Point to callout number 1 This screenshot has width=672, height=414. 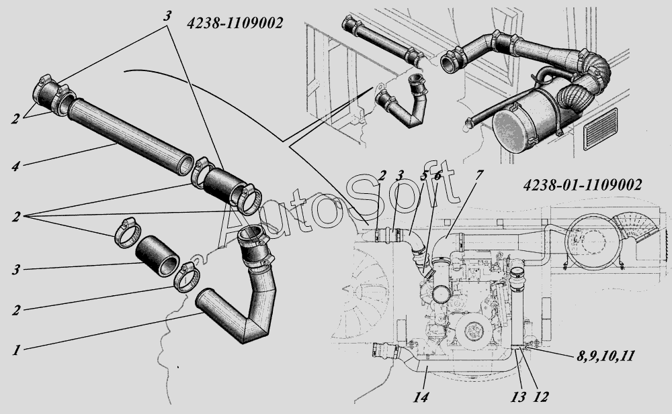tap(14, 349)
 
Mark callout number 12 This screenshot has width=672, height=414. tap(542, 397)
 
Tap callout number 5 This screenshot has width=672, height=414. tap(424, 176)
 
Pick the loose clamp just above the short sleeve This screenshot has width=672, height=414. tap(126, 231)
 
